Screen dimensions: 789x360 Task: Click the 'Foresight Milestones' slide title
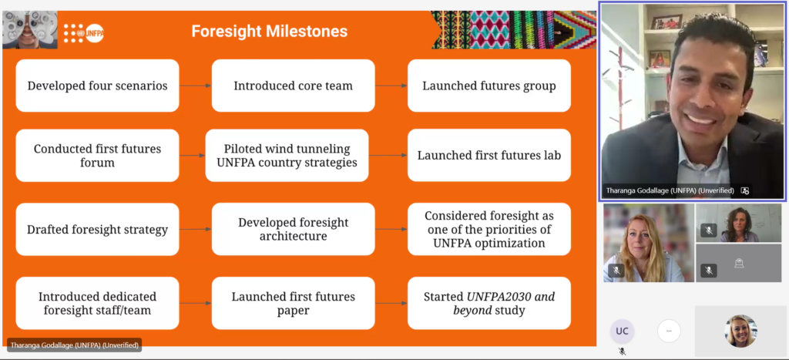point(269,31)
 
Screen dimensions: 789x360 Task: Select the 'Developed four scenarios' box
point(97,86)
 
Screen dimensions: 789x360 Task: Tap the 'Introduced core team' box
point(293,86)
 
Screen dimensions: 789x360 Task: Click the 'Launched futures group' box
point(489,86)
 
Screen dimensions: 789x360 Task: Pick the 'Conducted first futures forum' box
point(97,156)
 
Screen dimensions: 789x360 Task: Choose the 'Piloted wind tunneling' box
point(287,156)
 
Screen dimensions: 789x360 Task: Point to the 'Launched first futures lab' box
point(489,156)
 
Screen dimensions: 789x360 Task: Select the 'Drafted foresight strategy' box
point(97,230)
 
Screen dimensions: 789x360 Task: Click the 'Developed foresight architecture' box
point(293,230)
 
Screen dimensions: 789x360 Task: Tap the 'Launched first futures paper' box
point(293,303)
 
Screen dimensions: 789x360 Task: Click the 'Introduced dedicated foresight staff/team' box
point(97,303)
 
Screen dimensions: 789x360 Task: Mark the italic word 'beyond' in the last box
point(472,310)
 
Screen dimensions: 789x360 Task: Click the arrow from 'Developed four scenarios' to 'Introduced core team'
point(195,86)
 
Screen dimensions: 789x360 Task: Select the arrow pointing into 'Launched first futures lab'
point(388,156)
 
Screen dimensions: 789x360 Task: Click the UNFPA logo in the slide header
point(83,33)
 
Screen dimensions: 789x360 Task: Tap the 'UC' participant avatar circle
point(622,331)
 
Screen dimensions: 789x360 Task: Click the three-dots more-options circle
point(669,331)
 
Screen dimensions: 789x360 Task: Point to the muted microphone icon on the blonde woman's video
point(616,271)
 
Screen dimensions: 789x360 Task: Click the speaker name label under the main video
point(670,191)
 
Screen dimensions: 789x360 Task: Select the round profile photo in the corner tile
point(740,331)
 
